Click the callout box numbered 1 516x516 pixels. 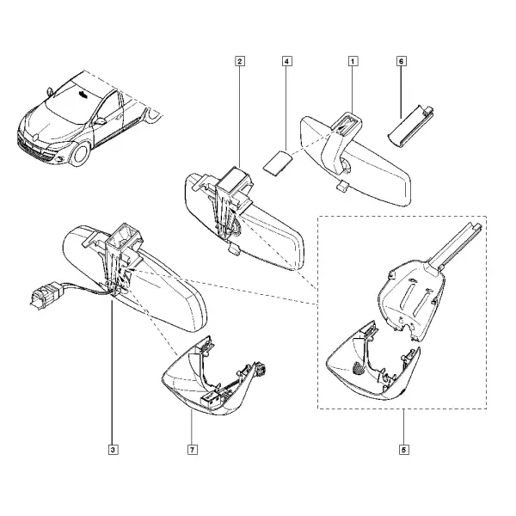353,61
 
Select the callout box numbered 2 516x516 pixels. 240,61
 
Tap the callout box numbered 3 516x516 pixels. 113,450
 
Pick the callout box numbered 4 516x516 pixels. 287,61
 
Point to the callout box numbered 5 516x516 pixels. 404,450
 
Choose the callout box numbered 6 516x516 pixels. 402,61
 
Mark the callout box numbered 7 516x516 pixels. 192,450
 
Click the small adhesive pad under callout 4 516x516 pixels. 278,162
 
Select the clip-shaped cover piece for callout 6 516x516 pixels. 409,126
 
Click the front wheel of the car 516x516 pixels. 80,153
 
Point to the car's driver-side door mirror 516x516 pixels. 100,120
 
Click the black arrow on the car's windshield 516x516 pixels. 83,95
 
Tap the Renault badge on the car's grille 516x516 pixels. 36,136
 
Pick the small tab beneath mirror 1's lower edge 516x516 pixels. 341,186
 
